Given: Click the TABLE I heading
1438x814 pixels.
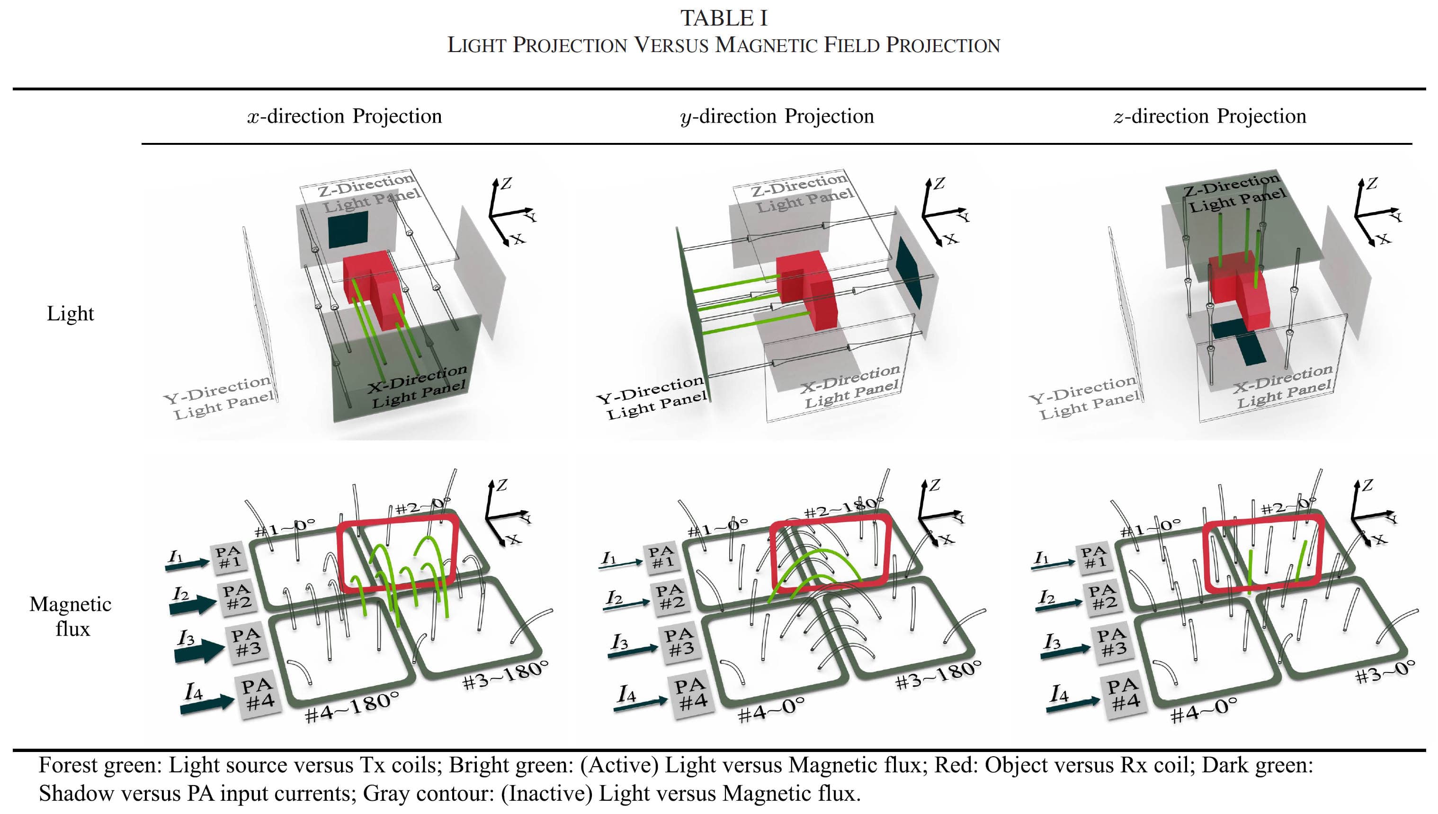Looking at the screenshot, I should pos(724,18).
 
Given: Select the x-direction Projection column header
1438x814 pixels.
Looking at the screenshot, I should pos(345,116).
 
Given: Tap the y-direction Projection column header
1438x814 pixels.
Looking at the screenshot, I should pos(777,116).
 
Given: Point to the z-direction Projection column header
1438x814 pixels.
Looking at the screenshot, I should pos(1210,116).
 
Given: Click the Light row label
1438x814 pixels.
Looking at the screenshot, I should pos(71,314).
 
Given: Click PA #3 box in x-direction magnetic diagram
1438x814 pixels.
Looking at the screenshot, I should pos(247,642).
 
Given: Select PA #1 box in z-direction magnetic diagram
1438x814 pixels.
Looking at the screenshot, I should pos(1095,557).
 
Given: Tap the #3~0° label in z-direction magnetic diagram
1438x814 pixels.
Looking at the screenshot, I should pos(1385,672).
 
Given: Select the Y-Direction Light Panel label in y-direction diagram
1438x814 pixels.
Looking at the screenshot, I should pos(652,398).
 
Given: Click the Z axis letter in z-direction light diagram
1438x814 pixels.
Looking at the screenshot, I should pos(1371,183).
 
